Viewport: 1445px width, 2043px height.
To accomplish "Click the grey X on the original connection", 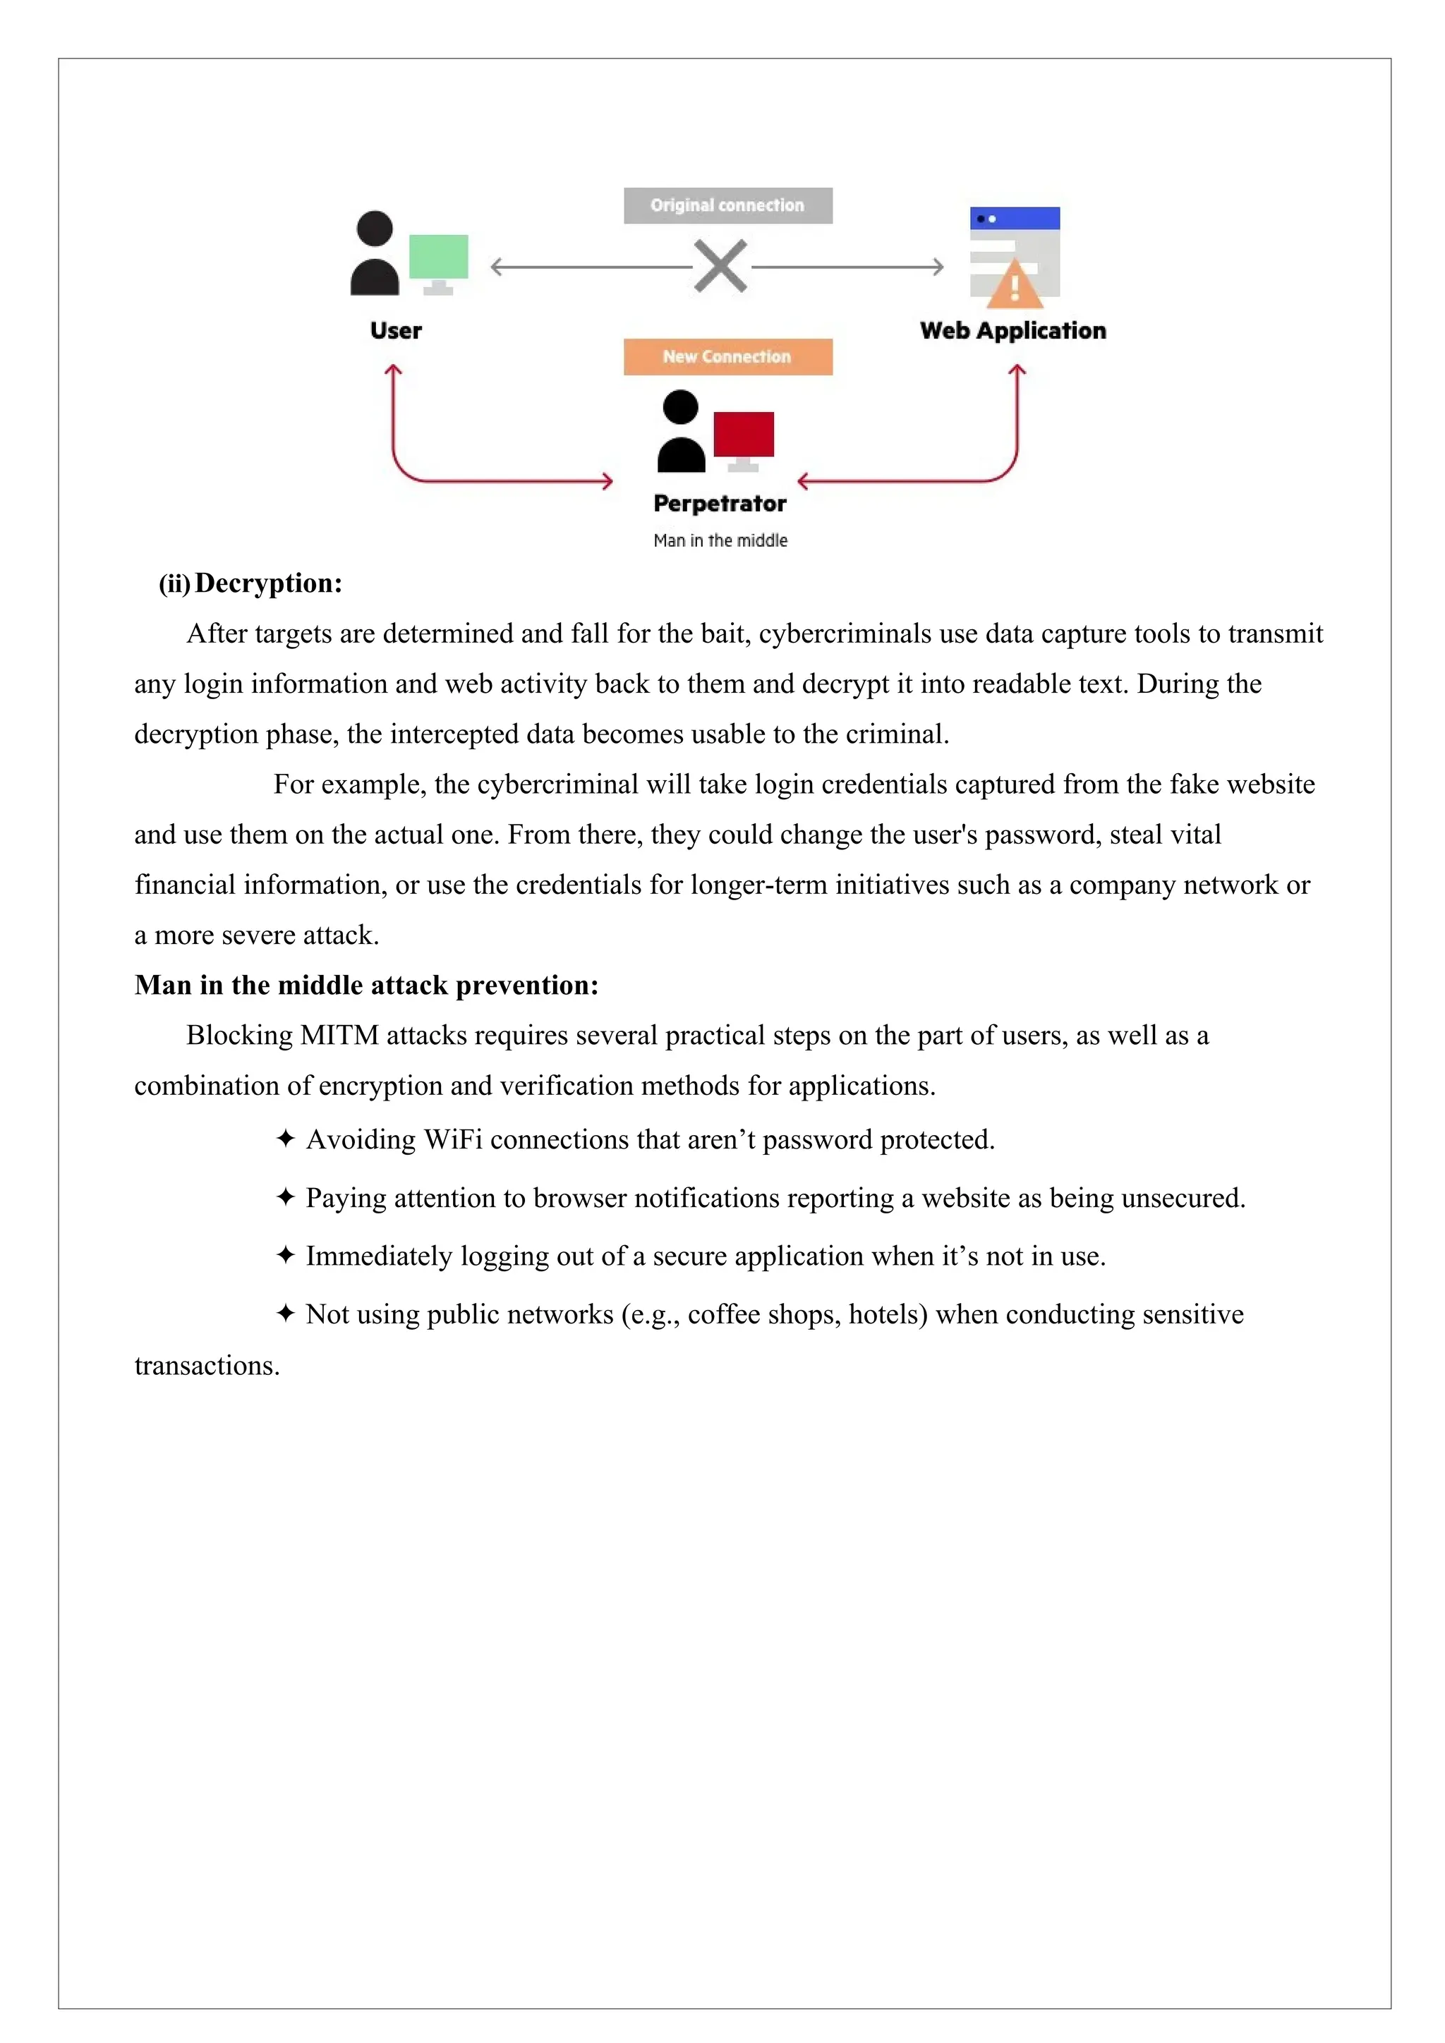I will point(720,266).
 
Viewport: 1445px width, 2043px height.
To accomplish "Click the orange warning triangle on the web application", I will point(1015,286).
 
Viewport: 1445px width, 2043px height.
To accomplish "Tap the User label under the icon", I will point(396,331).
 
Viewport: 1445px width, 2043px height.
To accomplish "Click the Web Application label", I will point(1012,331).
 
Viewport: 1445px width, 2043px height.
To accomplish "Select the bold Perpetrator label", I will point(720,504).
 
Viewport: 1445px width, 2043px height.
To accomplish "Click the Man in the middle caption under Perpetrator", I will point(720,541).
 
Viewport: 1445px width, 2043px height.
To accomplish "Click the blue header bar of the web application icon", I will point(1015,218).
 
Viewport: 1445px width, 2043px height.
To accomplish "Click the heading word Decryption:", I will point(269,583).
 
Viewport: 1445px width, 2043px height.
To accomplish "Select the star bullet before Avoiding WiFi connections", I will point(285,1139).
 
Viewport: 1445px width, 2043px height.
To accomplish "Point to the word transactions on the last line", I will point(207,1366).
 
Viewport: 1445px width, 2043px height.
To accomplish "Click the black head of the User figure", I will point(375,229).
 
